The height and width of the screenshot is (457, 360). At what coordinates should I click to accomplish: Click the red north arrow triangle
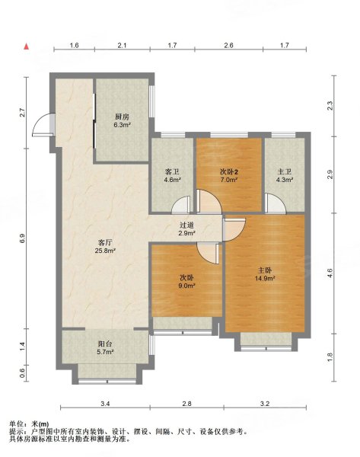(26, 46)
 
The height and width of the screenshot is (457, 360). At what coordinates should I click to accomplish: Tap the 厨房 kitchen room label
(122, 117)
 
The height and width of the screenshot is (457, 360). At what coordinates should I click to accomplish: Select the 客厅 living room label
(105, 242)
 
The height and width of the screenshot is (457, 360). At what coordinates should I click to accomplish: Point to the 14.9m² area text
(265, 278)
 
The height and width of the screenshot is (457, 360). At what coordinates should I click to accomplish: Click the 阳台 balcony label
(105, 344)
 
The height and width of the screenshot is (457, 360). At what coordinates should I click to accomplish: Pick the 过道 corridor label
(187, 225)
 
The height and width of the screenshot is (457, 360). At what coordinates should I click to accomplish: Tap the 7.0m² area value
(229, 180)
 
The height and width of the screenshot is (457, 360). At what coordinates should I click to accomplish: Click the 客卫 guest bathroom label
(172, 172)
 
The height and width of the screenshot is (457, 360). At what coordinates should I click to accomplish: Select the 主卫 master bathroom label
(285, 172)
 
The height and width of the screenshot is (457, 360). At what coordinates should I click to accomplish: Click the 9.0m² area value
(186, 286)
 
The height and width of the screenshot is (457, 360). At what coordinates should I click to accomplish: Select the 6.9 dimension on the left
(24, 238)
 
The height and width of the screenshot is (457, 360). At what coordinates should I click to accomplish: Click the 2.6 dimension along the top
(228, 45)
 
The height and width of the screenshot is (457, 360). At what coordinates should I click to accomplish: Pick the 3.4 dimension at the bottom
(105, 404)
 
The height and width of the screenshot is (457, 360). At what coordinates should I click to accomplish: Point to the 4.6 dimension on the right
(330, 273)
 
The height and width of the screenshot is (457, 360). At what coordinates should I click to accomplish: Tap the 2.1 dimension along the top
(122, 45)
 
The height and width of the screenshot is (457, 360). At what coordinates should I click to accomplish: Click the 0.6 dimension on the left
(23, 373)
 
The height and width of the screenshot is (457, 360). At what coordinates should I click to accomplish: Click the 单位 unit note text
(17, 424)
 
